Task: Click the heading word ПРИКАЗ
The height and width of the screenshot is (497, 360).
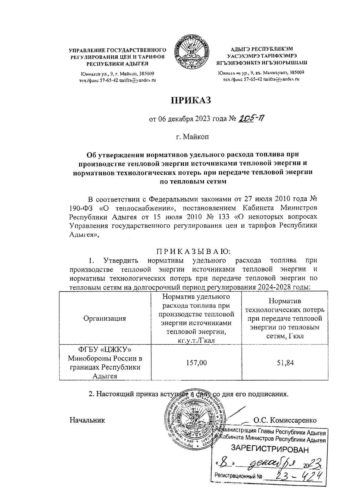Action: (x=191, y=100)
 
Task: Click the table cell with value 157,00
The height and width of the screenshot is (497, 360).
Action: (x=196, y=363)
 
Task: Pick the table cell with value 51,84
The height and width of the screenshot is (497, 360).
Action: (x=285, y=363)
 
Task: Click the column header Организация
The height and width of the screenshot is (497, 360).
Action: (x=105, y=318)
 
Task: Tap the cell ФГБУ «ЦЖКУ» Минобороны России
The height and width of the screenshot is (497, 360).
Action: (x=105, y=362)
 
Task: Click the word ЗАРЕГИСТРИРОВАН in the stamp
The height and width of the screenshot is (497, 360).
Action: (x=269, y=449)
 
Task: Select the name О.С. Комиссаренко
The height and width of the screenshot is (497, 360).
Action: (x=285, y=420)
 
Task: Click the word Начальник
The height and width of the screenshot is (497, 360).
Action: (x=87, y=420)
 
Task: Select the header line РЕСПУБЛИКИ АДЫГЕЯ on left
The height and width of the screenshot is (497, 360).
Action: (x=117, y=64)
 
